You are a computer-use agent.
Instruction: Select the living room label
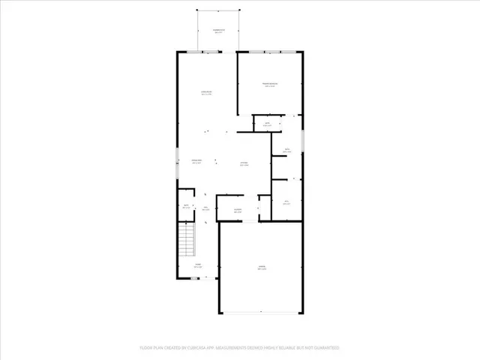pyautogui.click(x=205, y=93)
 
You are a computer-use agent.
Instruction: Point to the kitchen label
pyautogui.click(x=244, y=163)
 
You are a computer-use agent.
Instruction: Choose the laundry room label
pyautogui.click(x=237, y=211)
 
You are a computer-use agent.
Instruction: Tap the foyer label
pyautogui.click(x=198, y=265)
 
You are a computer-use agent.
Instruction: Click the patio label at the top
pyautogui.click(x=220, y=31)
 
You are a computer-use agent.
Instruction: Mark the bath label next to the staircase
pyautogui.click(x=185, y=207)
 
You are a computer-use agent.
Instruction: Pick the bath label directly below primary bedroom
pyautogui.click(x=266, y=124)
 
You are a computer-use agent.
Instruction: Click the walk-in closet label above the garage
pyautogui.click(x=286, y=202)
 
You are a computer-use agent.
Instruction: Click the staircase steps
pyautogui.click(x=185, y=241)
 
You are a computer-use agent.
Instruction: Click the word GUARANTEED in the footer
pyautogui.click(x=324, y=348)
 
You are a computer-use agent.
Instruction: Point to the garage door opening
pyautogui.click(x=262, y=313)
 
